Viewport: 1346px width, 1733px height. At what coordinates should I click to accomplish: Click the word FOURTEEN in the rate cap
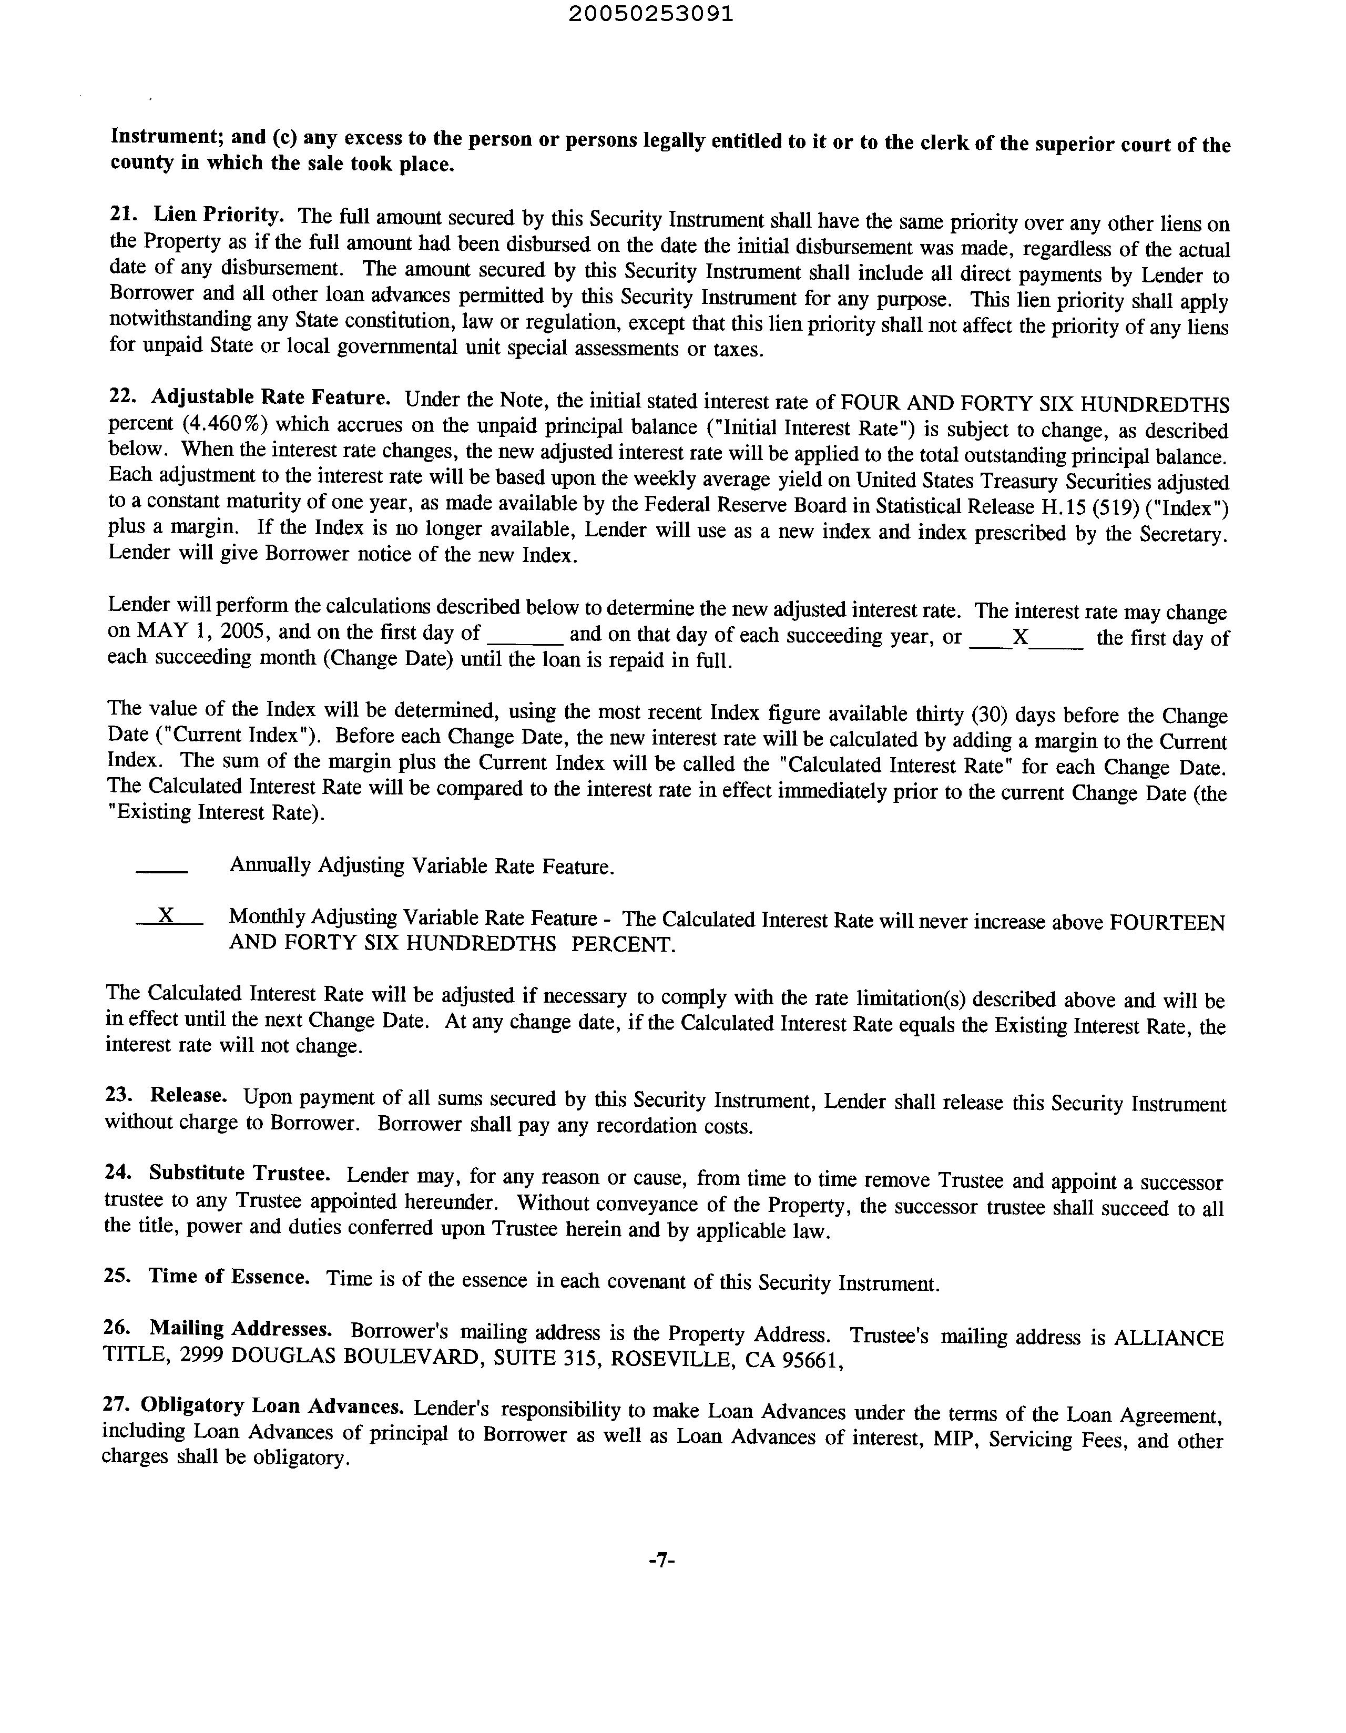(x=1167, y=923)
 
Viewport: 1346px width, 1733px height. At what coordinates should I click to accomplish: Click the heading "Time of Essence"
(x=229, y=1277)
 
